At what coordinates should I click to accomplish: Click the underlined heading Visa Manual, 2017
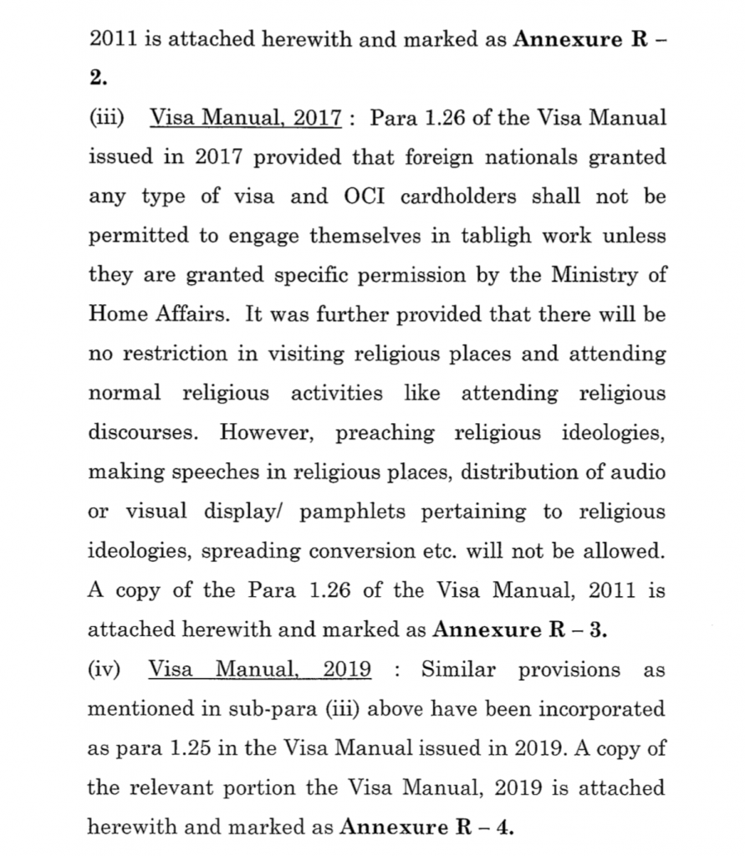[x=245, y=118]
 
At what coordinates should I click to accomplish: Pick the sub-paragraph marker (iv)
[x=105, y=670]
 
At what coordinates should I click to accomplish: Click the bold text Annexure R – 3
[x=519, y=630]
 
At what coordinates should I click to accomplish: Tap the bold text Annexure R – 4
[x=426, y=828]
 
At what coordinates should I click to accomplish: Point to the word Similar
[x=460, y=670]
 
